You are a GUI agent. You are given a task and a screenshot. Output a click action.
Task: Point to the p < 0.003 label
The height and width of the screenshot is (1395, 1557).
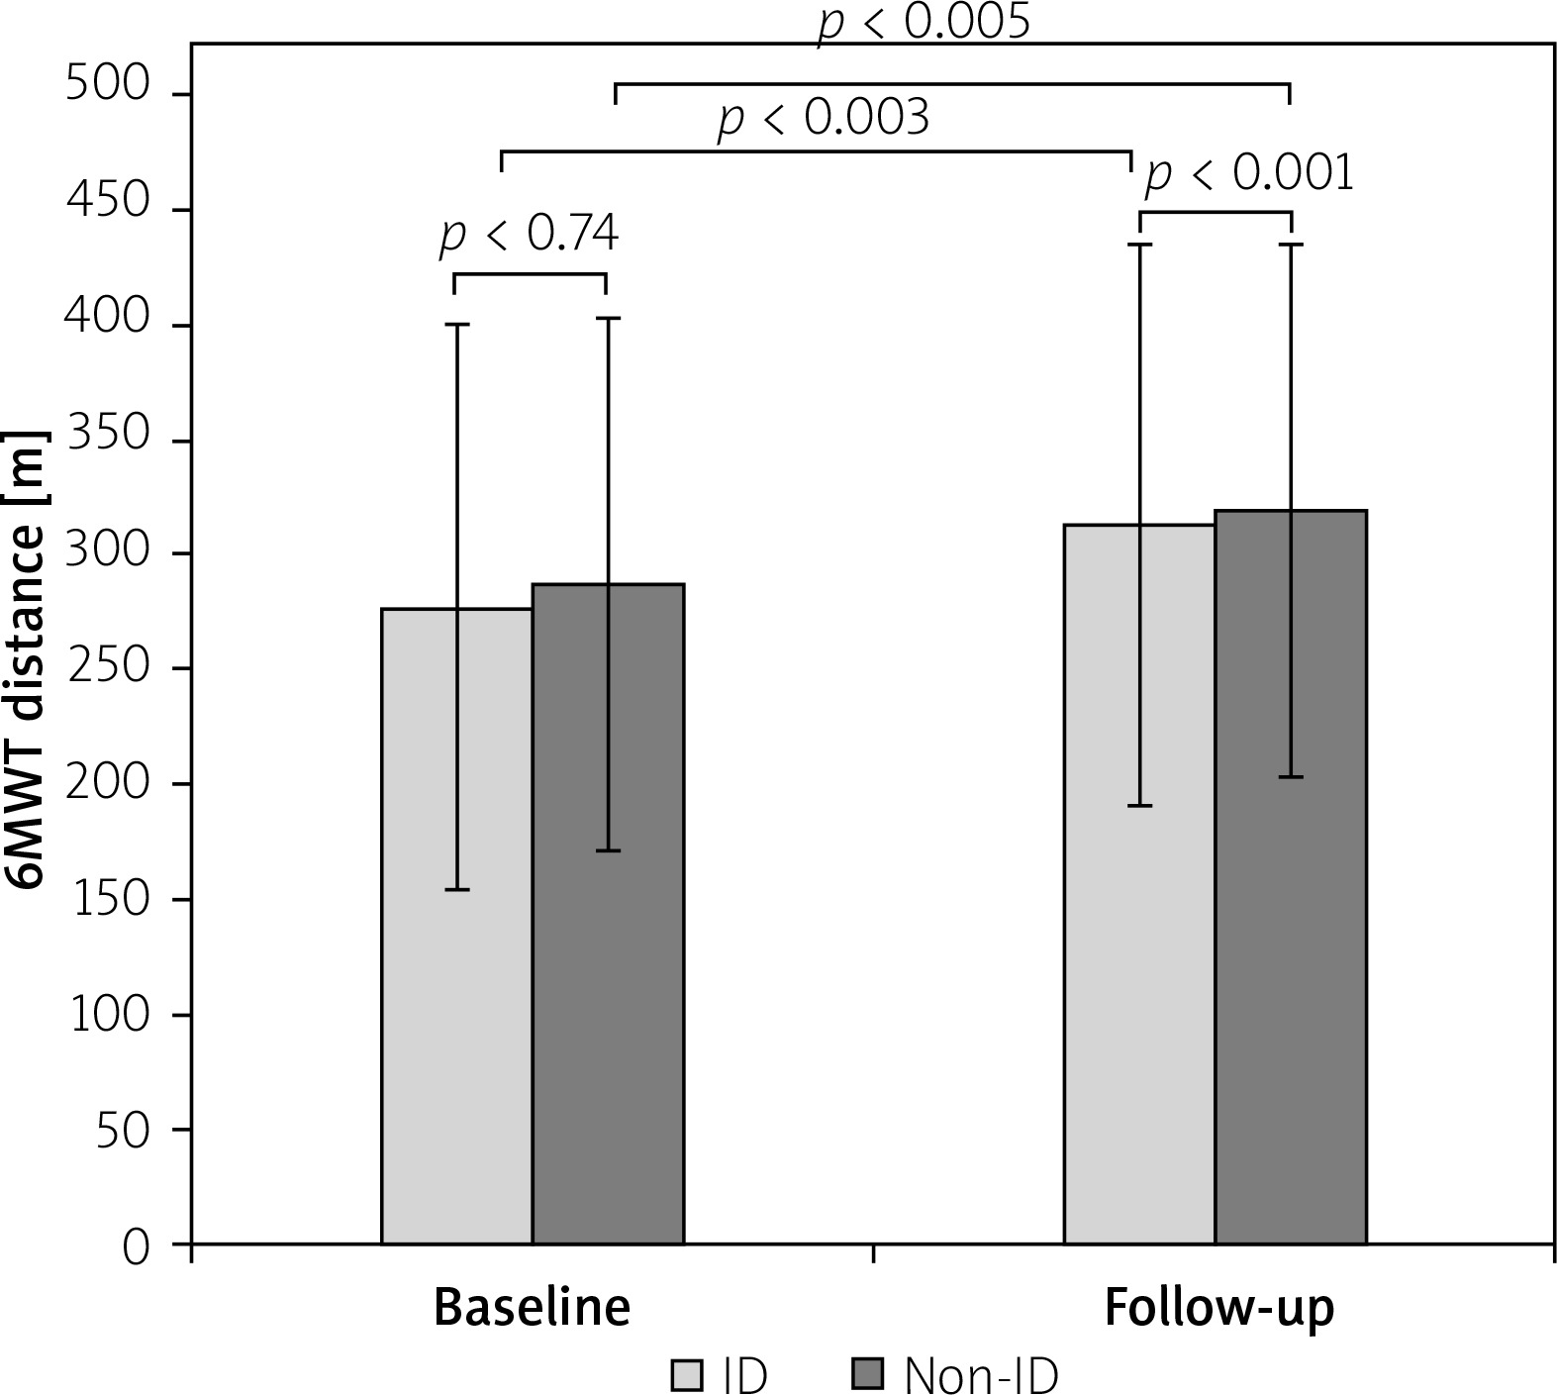(824, 119)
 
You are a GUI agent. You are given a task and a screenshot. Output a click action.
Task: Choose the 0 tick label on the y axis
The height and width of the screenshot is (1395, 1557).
(137, 1246)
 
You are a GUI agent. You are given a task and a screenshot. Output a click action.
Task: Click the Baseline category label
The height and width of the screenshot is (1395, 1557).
(533, 1308)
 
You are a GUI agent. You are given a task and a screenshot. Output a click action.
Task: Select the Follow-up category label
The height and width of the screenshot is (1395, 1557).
(1218, 1308)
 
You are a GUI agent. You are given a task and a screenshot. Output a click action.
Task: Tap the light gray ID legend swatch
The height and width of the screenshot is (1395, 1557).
(687, 1375)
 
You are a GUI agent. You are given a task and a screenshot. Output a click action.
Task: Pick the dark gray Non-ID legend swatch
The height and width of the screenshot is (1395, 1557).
(868, 1375)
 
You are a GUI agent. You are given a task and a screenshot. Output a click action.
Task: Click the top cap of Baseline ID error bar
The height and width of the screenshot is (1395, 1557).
(456, 324)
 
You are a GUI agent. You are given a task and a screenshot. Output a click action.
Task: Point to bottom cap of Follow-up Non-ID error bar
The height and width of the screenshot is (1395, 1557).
(1291, 777)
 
